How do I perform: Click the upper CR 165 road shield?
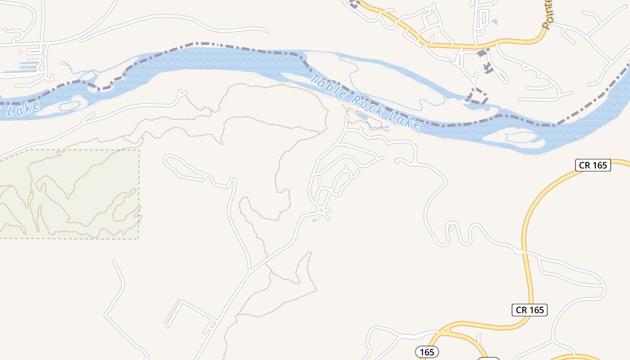tap(593, 165)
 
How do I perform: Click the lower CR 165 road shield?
tap(530, 310)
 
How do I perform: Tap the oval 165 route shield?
tap(427, 351)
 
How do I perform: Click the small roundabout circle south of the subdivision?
tap(322, 210)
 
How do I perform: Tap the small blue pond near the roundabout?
tap(314, 220)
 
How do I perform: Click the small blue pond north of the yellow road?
tap(495, 22)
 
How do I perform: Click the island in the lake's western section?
tap(68, 106)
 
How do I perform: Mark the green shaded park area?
tap(67, 193)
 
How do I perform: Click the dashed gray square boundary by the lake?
tap(478, 96)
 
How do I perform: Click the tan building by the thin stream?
tap(63, 63)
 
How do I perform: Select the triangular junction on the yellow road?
tap(445, 331)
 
